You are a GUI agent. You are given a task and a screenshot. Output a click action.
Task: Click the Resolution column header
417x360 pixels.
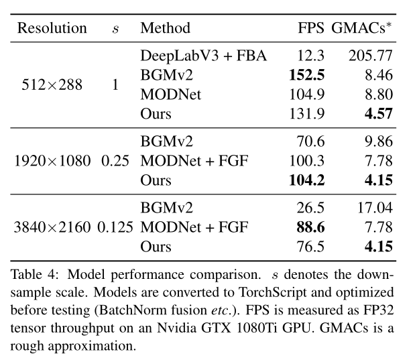(52, 28)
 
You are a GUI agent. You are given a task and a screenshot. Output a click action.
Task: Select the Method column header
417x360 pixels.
(166, 28)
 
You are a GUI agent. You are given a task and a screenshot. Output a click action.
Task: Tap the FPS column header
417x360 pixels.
(310, 28)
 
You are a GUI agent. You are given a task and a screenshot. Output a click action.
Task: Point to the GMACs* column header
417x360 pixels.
(363, 28)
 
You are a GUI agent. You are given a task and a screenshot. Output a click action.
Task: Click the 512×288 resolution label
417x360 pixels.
(52, 85)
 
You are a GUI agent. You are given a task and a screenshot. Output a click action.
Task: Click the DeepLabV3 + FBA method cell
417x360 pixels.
(204, 56)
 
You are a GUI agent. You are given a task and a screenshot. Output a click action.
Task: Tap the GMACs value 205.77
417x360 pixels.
(369, 56)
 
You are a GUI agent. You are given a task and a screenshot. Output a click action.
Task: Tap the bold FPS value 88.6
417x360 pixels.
(310, 227)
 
